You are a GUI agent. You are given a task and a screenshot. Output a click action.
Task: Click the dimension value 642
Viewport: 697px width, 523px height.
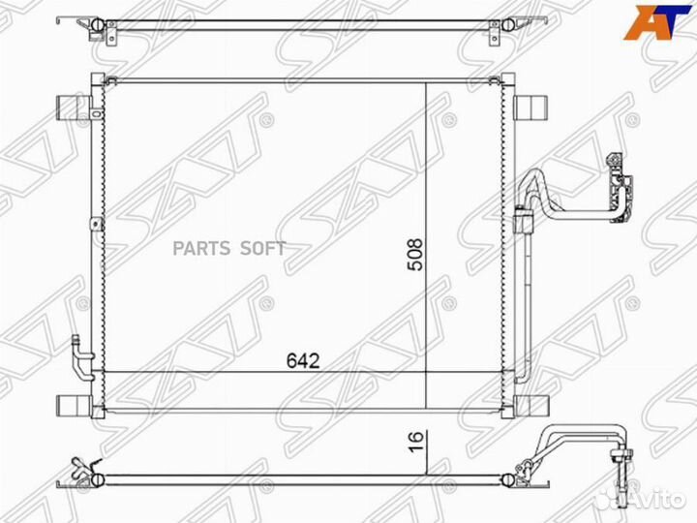click(303, 361)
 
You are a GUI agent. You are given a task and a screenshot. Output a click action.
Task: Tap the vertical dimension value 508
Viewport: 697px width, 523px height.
click(415, 255)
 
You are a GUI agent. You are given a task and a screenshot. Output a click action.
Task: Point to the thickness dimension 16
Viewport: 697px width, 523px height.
click(415, 442)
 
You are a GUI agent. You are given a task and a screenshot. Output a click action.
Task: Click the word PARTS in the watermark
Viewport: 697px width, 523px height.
click(201, 248)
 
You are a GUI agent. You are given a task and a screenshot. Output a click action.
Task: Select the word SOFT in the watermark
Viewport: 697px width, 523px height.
click(262, 248)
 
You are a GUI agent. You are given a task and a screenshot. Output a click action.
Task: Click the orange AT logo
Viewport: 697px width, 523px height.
click(657, 22)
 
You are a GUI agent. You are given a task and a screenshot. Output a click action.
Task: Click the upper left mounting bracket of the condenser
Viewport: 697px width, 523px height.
click(73, 108)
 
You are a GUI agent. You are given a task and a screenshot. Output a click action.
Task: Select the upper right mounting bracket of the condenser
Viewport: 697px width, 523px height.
click(530, 108)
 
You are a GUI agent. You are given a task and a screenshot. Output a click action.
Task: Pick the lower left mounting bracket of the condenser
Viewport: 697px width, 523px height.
click(74, 406)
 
